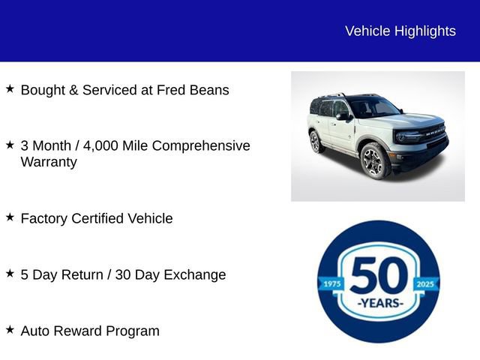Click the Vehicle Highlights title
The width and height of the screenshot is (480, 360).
(x=400, y=31)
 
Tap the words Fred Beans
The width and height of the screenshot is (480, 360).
(x=193, y=90)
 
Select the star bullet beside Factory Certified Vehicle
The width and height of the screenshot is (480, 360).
(x=10, y=217)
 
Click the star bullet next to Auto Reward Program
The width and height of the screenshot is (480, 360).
(x=10, y=330)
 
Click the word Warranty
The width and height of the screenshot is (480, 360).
(x=49, y=162)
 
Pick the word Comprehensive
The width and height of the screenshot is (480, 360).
(x=201, y=145)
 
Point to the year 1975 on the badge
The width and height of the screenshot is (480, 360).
(x=331, y=283)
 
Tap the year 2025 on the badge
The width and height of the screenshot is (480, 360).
(x=425, y=283)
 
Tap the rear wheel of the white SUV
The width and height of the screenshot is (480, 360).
(x=316, y=141)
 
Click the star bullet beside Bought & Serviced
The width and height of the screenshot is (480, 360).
(x=10, y=89)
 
